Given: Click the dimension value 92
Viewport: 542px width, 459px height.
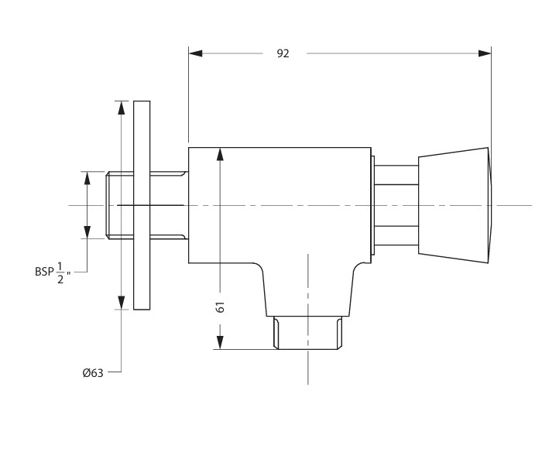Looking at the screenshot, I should pos(283,53).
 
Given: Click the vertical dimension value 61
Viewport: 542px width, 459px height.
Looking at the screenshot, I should pos(220,307).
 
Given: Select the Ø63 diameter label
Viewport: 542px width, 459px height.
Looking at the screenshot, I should pos(93,372).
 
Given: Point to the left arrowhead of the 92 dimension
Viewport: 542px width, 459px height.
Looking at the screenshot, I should pos(195,53).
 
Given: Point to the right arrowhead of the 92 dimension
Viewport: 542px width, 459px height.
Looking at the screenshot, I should pos(485,53).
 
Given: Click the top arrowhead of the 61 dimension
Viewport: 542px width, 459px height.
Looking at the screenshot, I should pos(220,154).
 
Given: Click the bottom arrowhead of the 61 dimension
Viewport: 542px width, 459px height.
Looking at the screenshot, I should pos(220,342).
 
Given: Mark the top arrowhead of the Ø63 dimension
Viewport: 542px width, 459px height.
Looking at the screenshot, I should pos(121,108).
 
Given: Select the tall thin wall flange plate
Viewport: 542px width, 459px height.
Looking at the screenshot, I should pos(142,205).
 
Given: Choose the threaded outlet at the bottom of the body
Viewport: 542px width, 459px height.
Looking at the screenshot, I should pos(308,333).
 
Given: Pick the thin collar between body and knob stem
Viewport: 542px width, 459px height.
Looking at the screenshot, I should pos(372,205).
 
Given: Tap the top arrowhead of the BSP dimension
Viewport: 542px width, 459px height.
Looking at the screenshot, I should pos(87,179).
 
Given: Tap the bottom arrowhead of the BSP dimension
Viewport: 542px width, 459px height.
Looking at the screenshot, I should pos(87,231).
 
